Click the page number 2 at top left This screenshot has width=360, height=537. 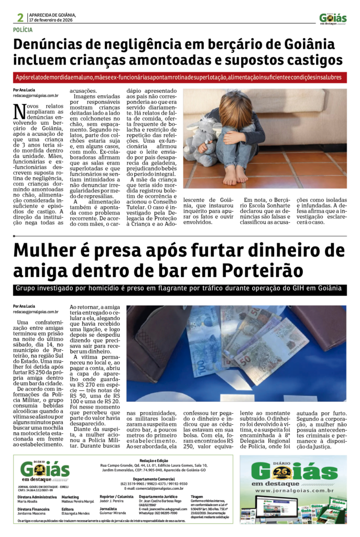point(20,17)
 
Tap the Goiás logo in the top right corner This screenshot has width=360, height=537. point(333,19)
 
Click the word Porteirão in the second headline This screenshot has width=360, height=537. point(262,271)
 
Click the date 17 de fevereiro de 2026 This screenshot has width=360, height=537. point(53,20)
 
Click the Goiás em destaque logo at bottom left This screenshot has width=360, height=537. point(46,470)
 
